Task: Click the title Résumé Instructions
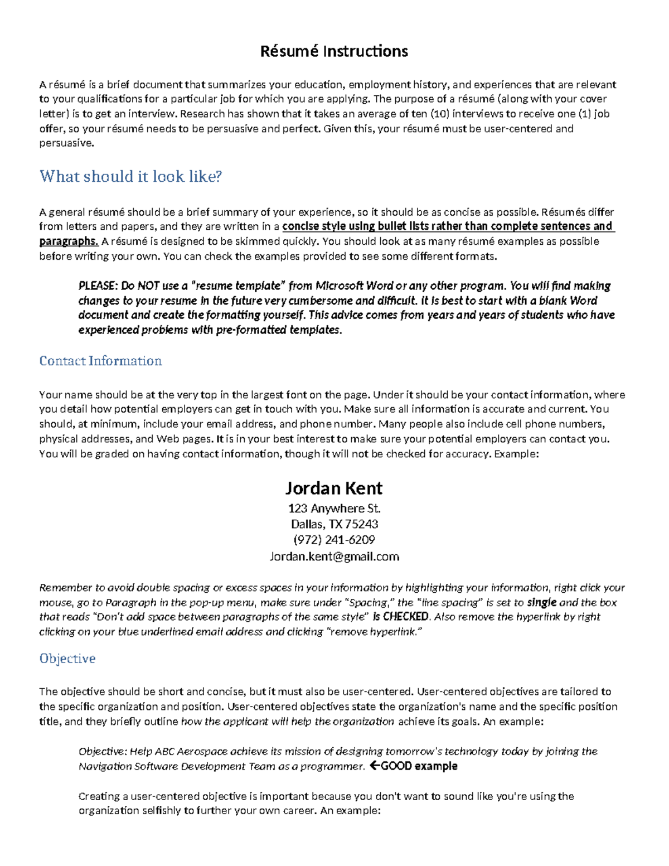click(334, 51)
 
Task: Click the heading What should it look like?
click(130, 176)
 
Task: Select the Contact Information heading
click(100, 361)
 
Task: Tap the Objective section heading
click(67, 658)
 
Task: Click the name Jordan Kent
click(334, 488)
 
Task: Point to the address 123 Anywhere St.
click(334, 508)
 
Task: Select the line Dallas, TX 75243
click(334, 524)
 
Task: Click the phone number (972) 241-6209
click(334, 540)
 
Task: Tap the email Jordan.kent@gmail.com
click(334, 556)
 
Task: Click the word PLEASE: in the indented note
click(98, 286)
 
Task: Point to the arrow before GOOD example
click(375, 766)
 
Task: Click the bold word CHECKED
click(406, 617)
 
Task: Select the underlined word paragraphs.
click(69, 241)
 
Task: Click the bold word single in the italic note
click(541, 602)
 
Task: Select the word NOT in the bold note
click(149, 286)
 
